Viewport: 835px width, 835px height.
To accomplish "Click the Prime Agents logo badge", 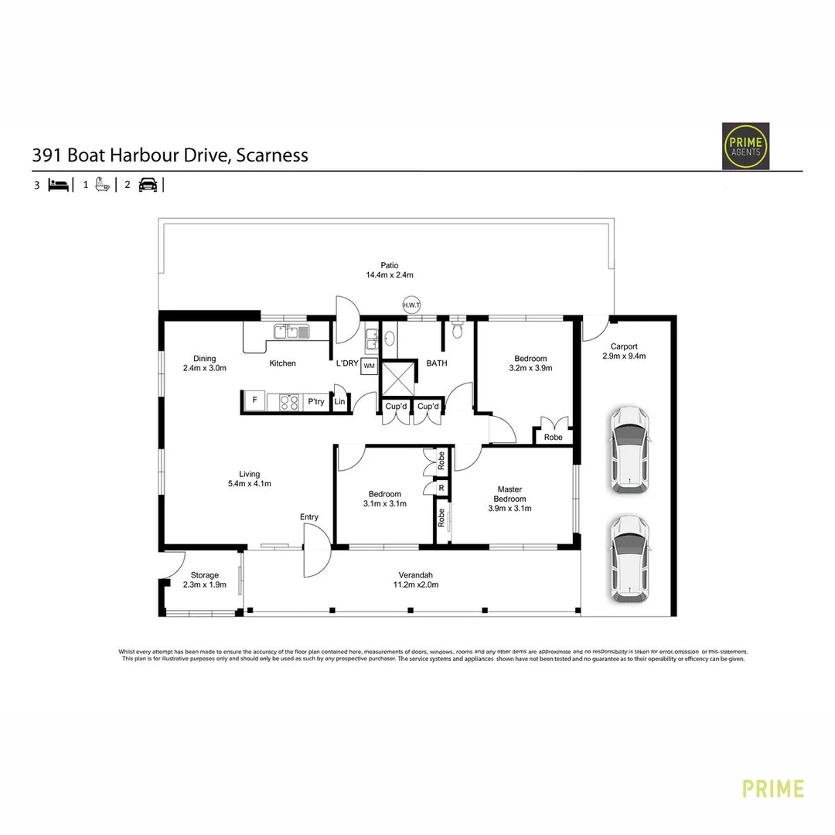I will tap(745, 145).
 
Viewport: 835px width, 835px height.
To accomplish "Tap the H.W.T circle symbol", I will tap(411, 305).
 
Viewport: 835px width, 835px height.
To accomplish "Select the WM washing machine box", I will tap(369, 366).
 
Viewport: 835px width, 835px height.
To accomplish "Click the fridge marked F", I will tap(254, 400).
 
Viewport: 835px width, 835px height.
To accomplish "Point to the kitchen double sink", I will tap(291, 332).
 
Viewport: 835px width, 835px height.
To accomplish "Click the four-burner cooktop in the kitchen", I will tap(288, 401).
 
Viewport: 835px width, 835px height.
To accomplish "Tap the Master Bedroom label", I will tap(510, 494).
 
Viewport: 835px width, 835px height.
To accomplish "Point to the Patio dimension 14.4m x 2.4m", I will tap(390, 275).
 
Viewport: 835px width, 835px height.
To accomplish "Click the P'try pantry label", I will tap(315, 401).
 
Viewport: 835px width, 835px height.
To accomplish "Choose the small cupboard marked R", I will tap(441, 489).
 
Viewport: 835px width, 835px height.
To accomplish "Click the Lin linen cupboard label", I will tap(339, 402).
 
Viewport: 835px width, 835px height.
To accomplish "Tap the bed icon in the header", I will tap(59, 185).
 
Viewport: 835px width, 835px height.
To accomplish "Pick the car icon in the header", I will tap(148, 185).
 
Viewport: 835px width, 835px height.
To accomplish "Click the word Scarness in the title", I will tap(272, 155).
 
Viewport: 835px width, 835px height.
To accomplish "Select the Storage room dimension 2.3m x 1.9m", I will tap(205, 585).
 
